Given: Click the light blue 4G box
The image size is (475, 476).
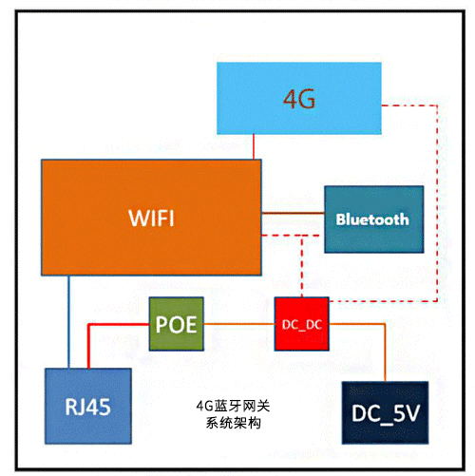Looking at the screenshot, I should [298, 98].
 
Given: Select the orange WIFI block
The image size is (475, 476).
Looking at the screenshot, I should [151, 219].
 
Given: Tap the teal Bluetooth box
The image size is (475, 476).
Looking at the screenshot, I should [372, 219].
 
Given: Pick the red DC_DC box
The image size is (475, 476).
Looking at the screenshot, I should [302, 324].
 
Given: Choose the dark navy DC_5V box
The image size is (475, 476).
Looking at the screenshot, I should [384, 412].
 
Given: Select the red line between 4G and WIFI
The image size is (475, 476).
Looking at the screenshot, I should [255, 146].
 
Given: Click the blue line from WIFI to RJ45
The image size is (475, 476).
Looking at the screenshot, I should [68, 323].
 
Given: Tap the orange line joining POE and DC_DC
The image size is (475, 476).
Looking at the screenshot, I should [237, 323].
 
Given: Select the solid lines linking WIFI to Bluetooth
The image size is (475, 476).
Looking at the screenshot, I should [294, 219].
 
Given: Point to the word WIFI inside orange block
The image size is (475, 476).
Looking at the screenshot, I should [151, 218].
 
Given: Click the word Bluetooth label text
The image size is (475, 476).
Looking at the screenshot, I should [372, 219].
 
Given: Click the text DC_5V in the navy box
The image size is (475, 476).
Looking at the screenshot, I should [384, 413].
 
